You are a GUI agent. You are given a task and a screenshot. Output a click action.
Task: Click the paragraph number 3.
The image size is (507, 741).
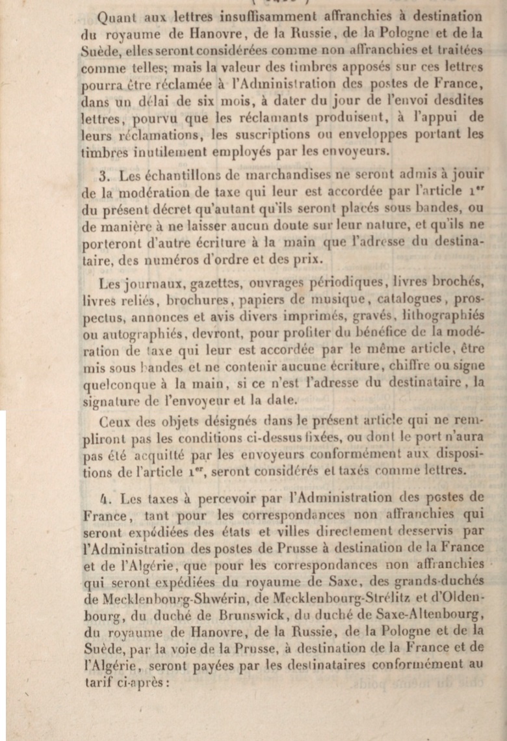click(103, 176)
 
